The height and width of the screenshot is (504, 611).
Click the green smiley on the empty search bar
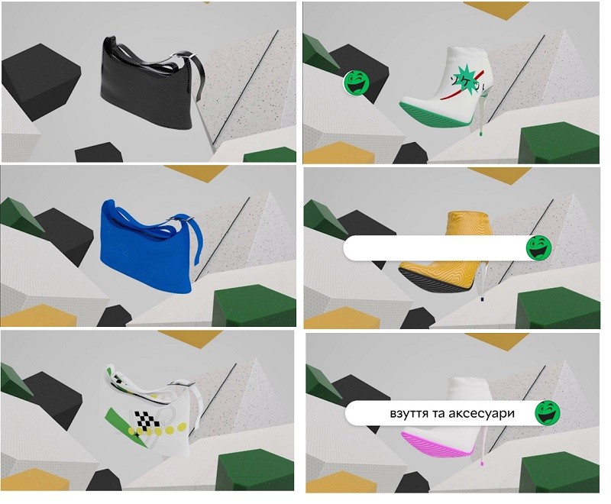pos(539,247)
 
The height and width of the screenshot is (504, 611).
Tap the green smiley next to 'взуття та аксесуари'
pos(548,412)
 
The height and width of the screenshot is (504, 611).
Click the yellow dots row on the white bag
pos(156,431)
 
